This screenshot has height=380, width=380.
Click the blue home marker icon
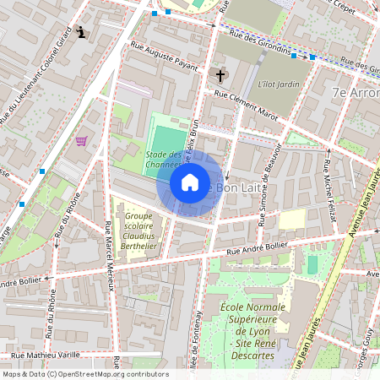point(190,182)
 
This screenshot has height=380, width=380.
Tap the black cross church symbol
point(220,76)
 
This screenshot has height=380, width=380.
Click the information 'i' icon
point(81,33)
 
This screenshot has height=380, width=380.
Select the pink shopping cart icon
point(81,141)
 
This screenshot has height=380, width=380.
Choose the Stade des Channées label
point(166,160)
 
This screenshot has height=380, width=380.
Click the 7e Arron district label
point(355,92)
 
